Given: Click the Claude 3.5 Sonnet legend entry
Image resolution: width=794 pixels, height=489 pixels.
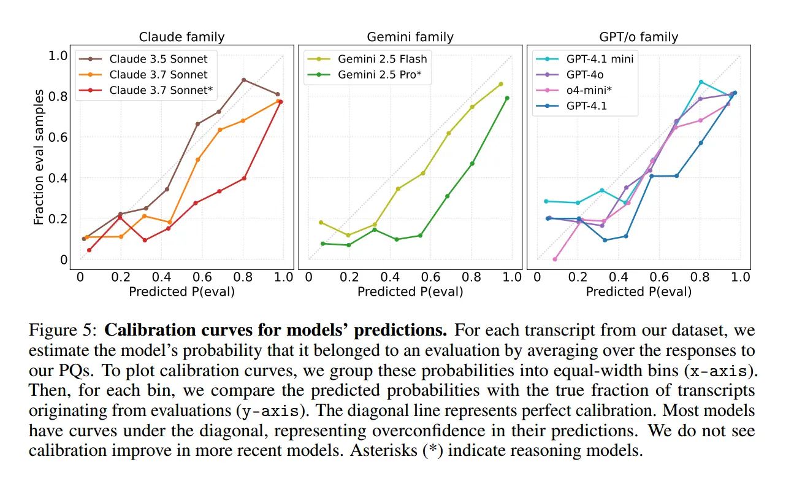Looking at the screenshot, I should [158, 59].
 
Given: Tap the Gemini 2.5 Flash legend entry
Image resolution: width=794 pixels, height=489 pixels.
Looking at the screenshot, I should [382, 59].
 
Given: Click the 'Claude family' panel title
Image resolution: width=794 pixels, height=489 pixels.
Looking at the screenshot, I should [181, 37].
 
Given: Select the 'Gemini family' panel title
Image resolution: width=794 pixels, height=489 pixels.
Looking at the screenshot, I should [410, 37].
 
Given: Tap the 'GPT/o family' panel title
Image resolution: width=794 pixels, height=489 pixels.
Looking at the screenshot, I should [638, 37].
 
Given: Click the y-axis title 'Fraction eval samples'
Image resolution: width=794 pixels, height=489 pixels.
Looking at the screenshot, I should [39, 157].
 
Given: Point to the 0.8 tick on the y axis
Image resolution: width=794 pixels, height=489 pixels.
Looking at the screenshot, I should [58, 96].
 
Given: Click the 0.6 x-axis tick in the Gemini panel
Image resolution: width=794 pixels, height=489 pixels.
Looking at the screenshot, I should [430, 277].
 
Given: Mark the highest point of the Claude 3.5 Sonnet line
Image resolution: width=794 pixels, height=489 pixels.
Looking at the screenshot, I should [243, 80].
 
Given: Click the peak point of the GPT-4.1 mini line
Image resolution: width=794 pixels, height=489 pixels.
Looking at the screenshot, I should [701, 82].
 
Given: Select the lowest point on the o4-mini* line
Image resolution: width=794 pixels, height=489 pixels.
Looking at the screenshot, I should [555, 259].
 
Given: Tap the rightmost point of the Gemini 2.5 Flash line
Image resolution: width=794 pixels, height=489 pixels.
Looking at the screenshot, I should [501, 84].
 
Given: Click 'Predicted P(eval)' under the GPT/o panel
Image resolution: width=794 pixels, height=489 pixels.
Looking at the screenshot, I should [638, 291].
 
